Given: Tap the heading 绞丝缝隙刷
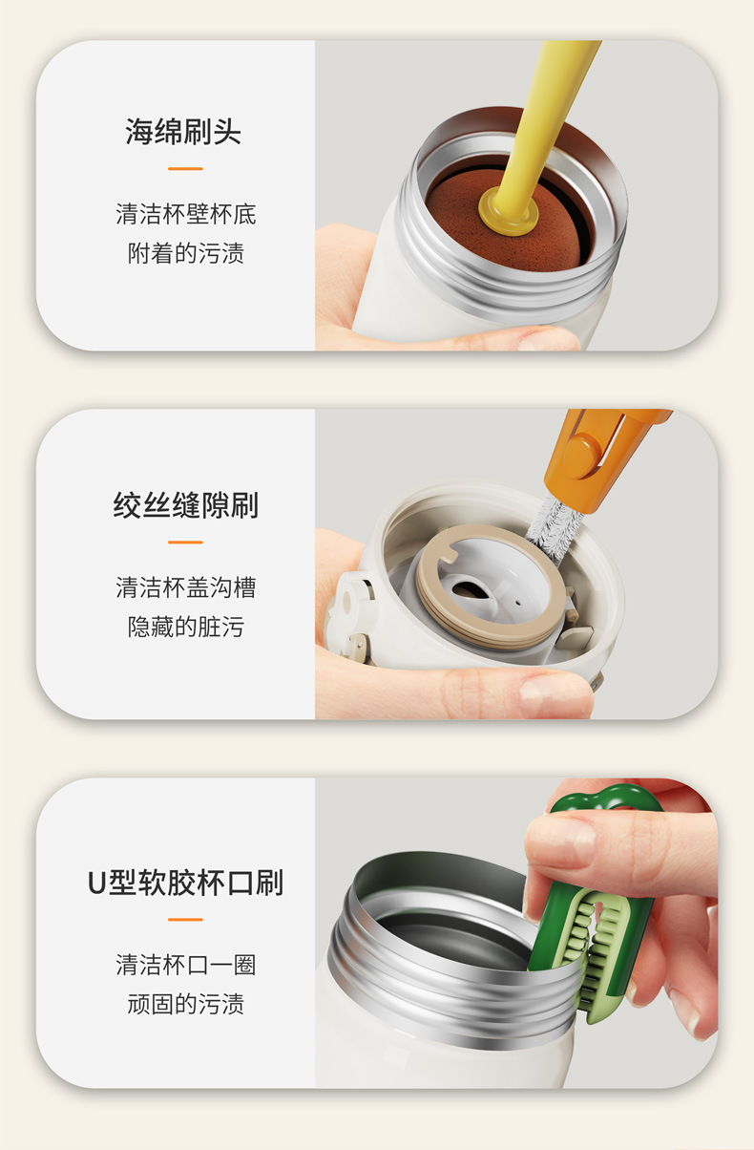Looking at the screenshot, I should (x=185, y=505).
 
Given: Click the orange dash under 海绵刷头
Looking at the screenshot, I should (x=185, y=169).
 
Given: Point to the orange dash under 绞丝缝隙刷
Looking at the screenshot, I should (x=185, y=543).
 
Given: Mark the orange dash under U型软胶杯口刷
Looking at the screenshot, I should (x=185, y=920).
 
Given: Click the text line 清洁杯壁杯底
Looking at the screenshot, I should (x=185, y=214).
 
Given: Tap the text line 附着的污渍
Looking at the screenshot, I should (x=185, y=253).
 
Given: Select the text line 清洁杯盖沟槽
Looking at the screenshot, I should (x=185, y=586).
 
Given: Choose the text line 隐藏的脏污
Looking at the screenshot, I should (x=185, y=627).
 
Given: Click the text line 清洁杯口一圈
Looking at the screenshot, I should (x=185, y=964).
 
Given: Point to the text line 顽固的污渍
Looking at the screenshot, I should (x=185, y=1004).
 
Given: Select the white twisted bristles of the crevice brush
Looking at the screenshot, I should (x=554, y=525).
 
